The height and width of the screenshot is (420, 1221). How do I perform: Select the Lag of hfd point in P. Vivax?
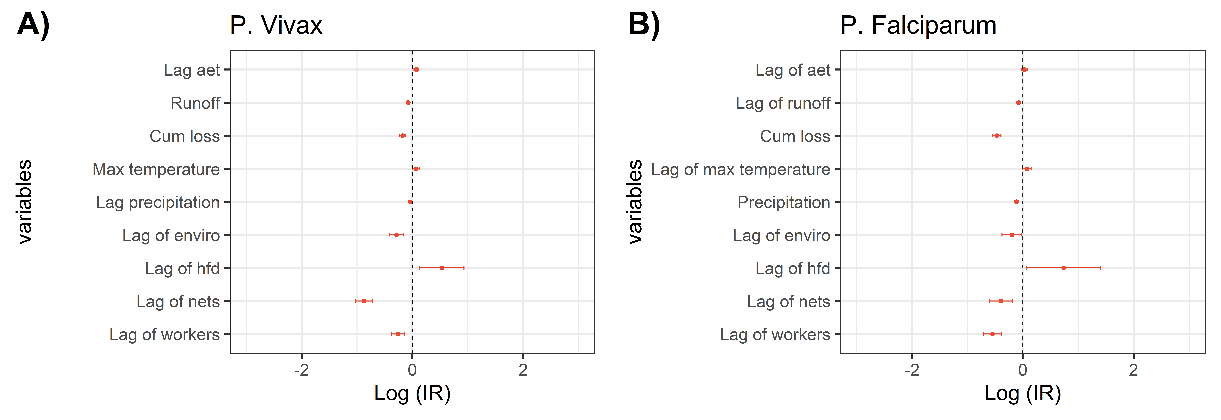[442, 268]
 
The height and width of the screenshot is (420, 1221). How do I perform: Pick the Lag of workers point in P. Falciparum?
[993, 334]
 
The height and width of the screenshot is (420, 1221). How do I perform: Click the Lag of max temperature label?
[740, 169]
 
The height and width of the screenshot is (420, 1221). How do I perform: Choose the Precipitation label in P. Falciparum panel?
[783, 202]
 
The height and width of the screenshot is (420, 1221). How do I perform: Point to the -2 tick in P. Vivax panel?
[301, 370]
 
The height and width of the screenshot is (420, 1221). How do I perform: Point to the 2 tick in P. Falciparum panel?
[1133, 370]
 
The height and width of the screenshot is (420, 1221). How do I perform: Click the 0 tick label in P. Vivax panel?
[412, 370]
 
